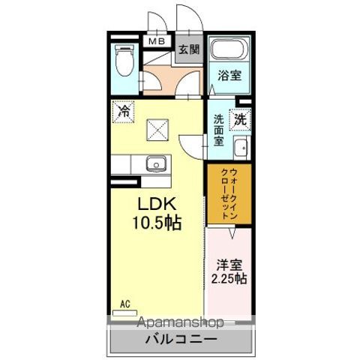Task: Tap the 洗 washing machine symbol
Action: [239, 118]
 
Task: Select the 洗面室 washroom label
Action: [218, 129]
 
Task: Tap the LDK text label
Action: [157, 204]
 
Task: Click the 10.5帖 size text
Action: [159, 222]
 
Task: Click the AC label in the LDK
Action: [125, 305]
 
